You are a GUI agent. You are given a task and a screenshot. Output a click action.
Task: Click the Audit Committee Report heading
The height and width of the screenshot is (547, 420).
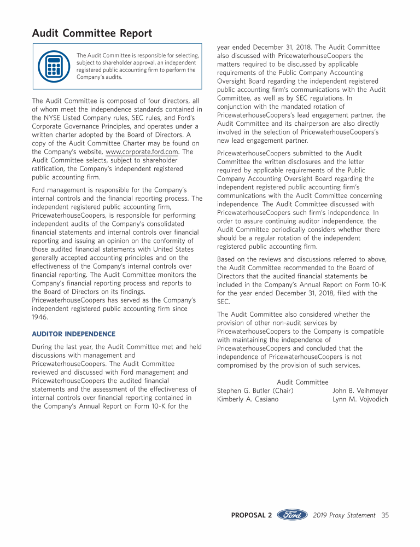click(x=92, y=33)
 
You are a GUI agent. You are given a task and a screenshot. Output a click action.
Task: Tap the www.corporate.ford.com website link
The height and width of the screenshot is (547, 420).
click(x=142, y=152)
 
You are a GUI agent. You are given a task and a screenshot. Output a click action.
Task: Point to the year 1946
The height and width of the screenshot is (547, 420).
click(x=40, y=317)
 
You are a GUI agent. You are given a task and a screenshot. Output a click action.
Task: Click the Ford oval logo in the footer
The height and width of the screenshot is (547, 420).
click(x=292, y=515)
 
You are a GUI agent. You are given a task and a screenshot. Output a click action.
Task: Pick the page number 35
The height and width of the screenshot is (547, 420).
click(x=385, y=515)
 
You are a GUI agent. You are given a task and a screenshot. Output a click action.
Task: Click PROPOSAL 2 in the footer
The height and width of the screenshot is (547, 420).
click(x=252, y=515)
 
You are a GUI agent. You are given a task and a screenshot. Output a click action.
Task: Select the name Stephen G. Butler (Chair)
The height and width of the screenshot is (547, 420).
click(x=255, y=391)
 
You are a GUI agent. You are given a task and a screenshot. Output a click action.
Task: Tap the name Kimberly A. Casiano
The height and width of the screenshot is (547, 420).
click(x=248, y=399)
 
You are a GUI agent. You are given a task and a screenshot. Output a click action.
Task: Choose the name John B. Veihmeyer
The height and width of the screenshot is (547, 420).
click(x=360, y=391)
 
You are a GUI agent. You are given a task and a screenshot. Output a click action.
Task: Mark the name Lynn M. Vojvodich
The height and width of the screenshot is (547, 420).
click(x=360, y=399)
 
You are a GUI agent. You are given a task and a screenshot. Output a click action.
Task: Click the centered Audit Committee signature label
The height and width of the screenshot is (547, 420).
click(x=302, y=382)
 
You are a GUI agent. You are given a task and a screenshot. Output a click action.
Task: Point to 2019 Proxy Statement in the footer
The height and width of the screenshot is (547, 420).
click(x=344, y=515)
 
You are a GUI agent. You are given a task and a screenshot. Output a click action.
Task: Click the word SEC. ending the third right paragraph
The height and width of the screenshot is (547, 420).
click(x=224, y=302)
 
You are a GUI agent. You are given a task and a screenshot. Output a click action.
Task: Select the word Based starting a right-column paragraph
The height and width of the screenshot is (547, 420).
click(x=227, y=259)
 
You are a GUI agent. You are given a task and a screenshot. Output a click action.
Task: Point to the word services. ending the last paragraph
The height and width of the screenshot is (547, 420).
click(x=345, y=365)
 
